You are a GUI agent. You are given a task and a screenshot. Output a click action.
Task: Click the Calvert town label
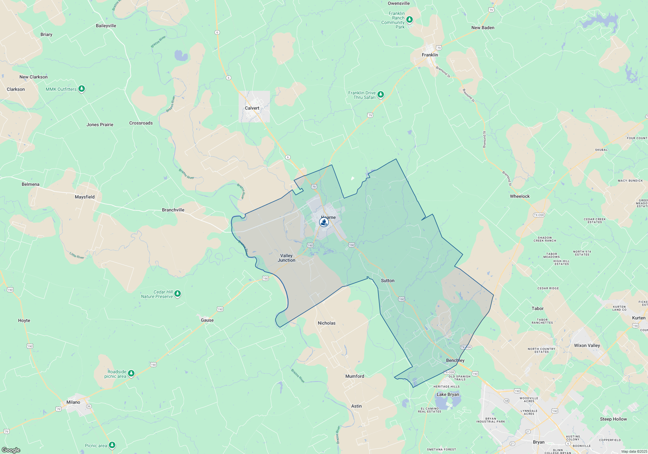(252, 108)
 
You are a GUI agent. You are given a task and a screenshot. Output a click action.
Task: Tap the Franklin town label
(430, 55)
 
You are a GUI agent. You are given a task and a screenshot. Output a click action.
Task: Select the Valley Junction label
(286, 258)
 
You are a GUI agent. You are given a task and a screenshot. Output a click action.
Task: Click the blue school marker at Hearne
(324, 222)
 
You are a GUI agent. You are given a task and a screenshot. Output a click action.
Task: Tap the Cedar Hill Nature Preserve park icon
(178, 294)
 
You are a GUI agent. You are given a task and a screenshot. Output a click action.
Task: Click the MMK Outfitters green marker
(82, 89)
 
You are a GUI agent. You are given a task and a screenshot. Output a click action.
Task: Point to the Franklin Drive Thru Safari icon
(381, 94)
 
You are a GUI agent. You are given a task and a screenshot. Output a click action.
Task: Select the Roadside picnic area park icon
(131, 374)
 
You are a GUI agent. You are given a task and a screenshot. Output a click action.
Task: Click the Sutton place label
(388, 281)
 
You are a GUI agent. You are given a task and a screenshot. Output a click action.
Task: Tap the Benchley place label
(455, 360)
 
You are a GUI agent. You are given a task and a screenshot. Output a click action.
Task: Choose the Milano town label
(73, 402)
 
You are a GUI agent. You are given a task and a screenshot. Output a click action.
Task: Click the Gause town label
(207, 320)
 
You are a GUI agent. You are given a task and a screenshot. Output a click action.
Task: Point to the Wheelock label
(520, 196)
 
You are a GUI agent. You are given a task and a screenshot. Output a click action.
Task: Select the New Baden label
(483, 28)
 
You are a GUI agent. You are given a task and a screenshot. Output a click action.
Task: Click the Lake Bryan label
(448, 394)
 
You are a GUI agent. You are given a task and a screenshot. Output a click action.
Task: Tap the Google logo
(11, 450)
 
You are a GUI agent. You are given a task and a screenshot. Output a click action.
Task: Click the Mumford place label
(354, 376)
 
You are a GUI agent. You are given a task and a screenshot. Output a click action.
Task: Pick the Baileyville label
(106, 26)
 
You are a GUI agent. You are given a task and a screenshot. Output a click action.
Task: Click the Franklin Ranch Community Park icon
(410, 19)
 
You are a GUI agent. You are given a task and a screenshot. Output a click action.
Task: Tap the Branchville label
(173, 210)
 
